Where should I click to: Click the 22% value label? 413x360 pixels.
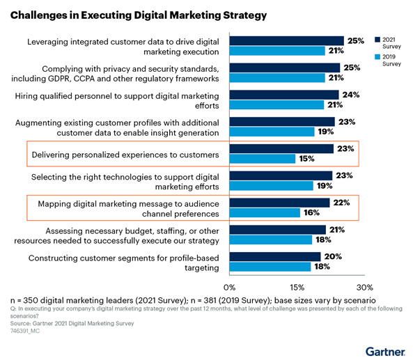[x=341, y=202]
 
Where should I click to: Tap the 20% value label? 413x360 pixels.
[x=332, y=256]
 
